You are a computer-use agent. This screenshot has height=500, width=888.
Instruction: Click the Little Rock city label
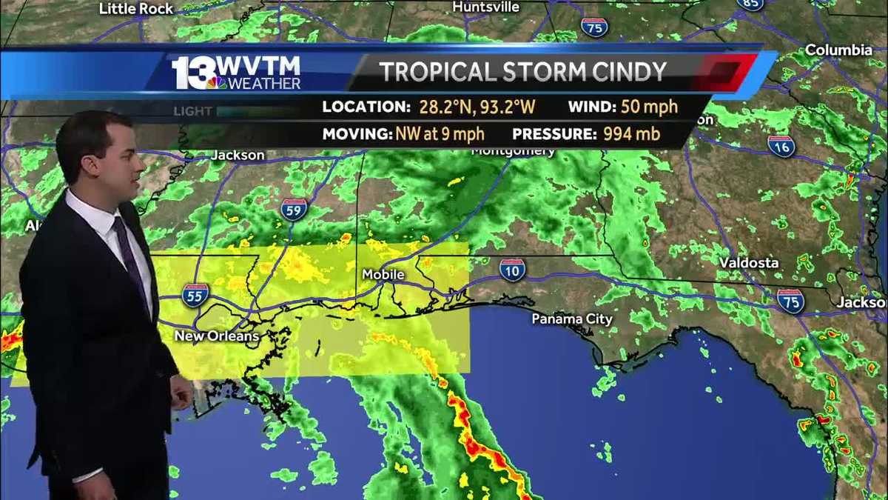(x=136, y=9)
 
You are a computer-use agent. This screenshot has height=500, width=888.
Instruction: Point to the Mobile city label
(x=383, y=275)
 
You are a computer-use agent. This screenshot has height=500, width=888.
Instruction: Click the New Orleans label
(x=217, y=336)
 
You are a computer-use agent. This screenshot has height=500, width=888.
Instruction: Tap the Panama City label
(x=572, y=319)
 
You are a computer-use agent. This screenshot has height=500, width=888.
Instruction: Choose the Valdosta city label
(x=749, y=263)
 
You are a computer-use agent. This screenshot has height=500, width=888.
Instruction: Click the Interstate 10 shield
(x=512, y=270)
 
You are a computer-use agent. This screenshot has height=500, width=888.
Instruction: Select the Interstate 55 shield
(x=195, y=294)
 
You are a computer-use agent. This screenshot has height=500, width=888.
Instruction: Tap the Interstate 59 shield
(x=295, y=210)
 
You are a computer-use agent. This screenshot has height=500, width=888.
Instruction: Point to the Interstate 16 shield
(x=781, y=146)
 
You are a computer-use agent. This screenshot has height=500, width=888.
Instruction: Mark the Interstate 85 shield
(x=750, y=4)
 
